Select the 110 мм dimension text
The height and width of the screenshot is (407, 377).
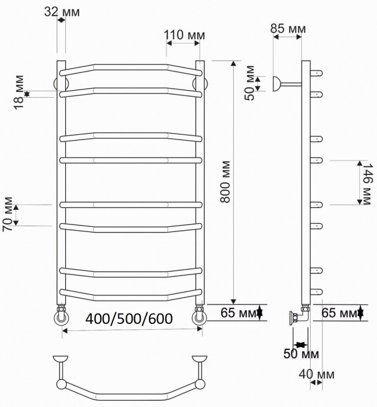(x=184, y=35)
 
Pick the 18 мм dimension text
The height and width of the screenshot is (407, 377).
(x=20, y=92)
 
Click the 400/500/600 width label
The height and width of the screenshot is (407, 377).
(x=127, y=319)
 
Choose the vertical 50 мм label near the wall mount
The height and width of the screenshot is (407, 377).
(x=250, y=84)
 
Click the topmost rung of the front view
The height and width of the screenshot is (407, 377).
(x=130, y=67)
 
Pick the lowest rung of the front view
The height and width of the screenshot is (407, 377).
(x=130, y=295)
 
